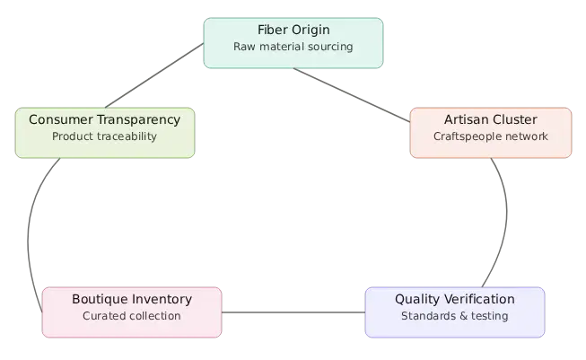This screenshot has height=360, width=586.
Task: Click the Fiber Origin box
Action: pos(293,42)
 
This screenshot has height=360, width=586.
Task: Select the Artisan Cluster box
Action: pos(490,132)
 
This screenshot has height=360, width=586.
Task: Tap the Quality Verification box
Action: pos(454,312)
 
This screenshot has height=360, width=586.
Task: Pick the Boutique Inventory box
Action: pos(131,312)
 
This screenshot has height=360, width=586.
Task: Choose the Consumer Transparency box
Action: pos(104,132)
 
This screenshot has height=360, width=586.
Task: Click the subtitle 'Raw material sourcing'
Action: pos(293,47)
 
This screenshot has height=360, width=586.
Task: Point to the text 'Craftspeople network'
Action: pos(490,136)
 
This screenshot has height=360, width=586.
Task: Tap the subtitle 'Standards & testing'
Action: pos(454,316)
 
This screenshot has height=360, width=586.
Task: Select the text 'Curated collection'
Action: pos(131,316)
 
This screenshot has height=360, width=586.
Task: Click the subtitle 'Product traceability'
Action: pos(104,136)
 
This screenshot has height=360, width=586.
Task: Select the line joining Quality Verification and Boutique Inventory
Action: pos(293,312)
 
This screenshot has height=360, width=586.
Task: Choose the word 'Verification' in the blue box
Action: pos(479,299)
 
